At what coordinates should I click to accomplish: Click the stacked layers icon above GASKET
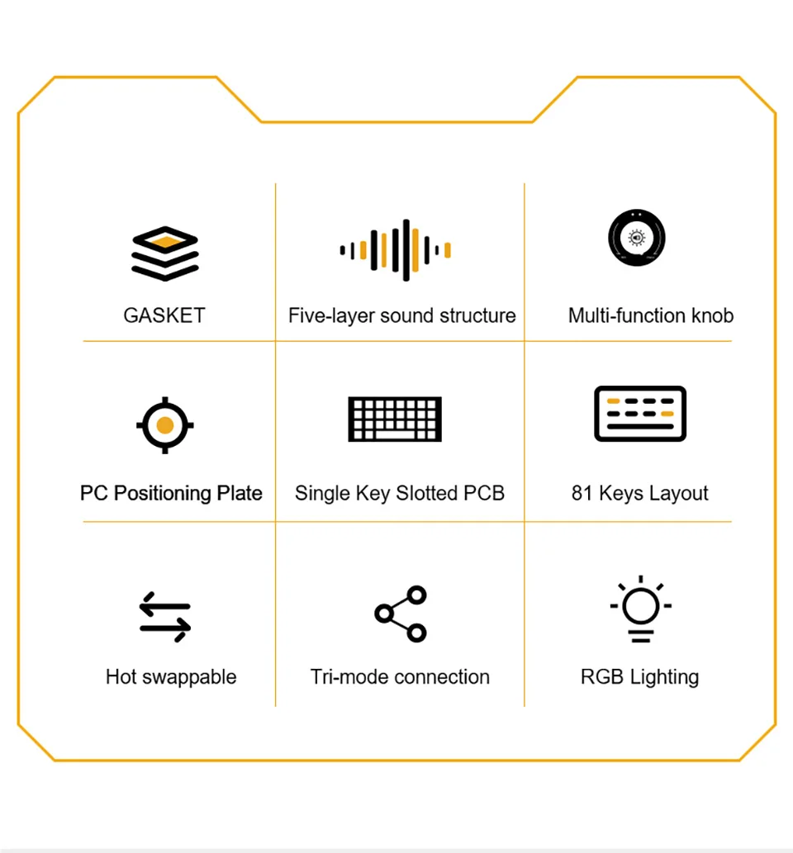[164, 254]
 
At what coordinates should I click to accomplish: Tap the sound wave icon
[396, 250]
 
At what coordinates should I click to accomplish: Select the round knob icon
[637, 239]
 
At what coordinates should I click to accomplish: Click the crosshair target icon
[165, 425]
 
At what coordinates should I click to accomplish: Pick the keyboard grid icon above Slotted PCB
[395, 419]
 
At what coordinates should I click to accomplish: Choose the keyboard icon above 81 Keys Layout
[640, 413]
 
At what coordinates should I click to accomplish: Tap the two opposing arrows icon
[165, 617]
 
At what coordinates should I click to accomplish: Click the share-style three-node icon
[401, 614]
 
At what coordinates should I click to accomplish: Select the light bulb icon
[640, 609]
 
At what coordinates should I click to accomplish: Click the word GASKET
[164, 315]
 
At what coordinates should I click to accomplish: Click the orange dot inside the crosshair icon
[165, 425]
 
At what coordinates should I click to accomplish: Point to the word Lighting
[664, 678]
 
